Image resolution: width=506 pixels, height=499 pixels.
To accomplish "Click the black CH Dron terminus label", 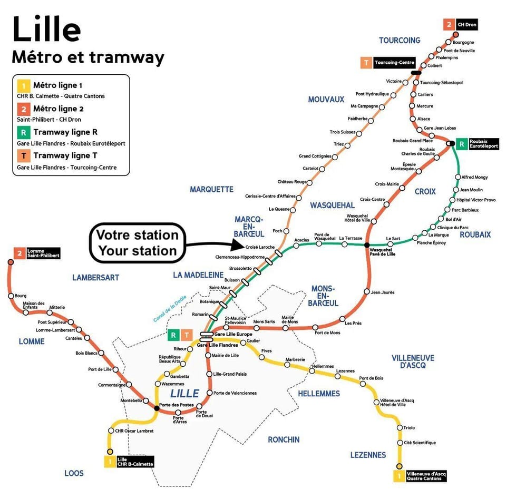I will click(x=466, y=25).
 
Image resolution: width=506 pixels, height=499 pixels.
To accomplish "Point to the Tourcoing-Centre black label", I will click(x=394, y=63).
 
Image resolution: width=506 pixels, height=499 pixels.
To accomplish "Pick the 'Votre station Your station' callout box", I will click(x=138, y=242).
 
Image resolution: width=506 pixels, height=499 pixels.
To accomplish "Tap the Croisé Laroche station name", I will click(x=260, y=247).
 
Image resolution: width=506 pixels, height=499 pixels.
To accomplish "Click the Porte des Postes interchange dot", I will click(x=157, y=408).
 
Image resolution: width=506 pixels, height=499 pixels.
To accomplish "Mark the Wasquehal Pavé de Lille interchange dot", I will click(x=367, y=245).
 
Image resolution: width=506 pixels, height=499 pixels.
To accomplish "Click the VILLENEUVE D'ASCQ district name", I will click(x=413, y=361).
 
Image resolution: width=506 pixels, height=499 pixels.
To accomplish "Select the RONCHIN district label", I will click(x=284, y=439).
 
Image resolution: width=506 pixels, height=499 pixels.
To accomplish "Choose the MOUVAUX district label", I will click(x=326, y=99).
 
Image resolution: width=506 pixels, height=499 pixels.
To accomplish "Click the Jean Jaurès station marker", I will click(x=367, y=291).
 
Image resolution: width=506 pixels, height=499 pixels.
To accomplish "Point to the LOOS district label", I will click(x=74, y=473).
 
